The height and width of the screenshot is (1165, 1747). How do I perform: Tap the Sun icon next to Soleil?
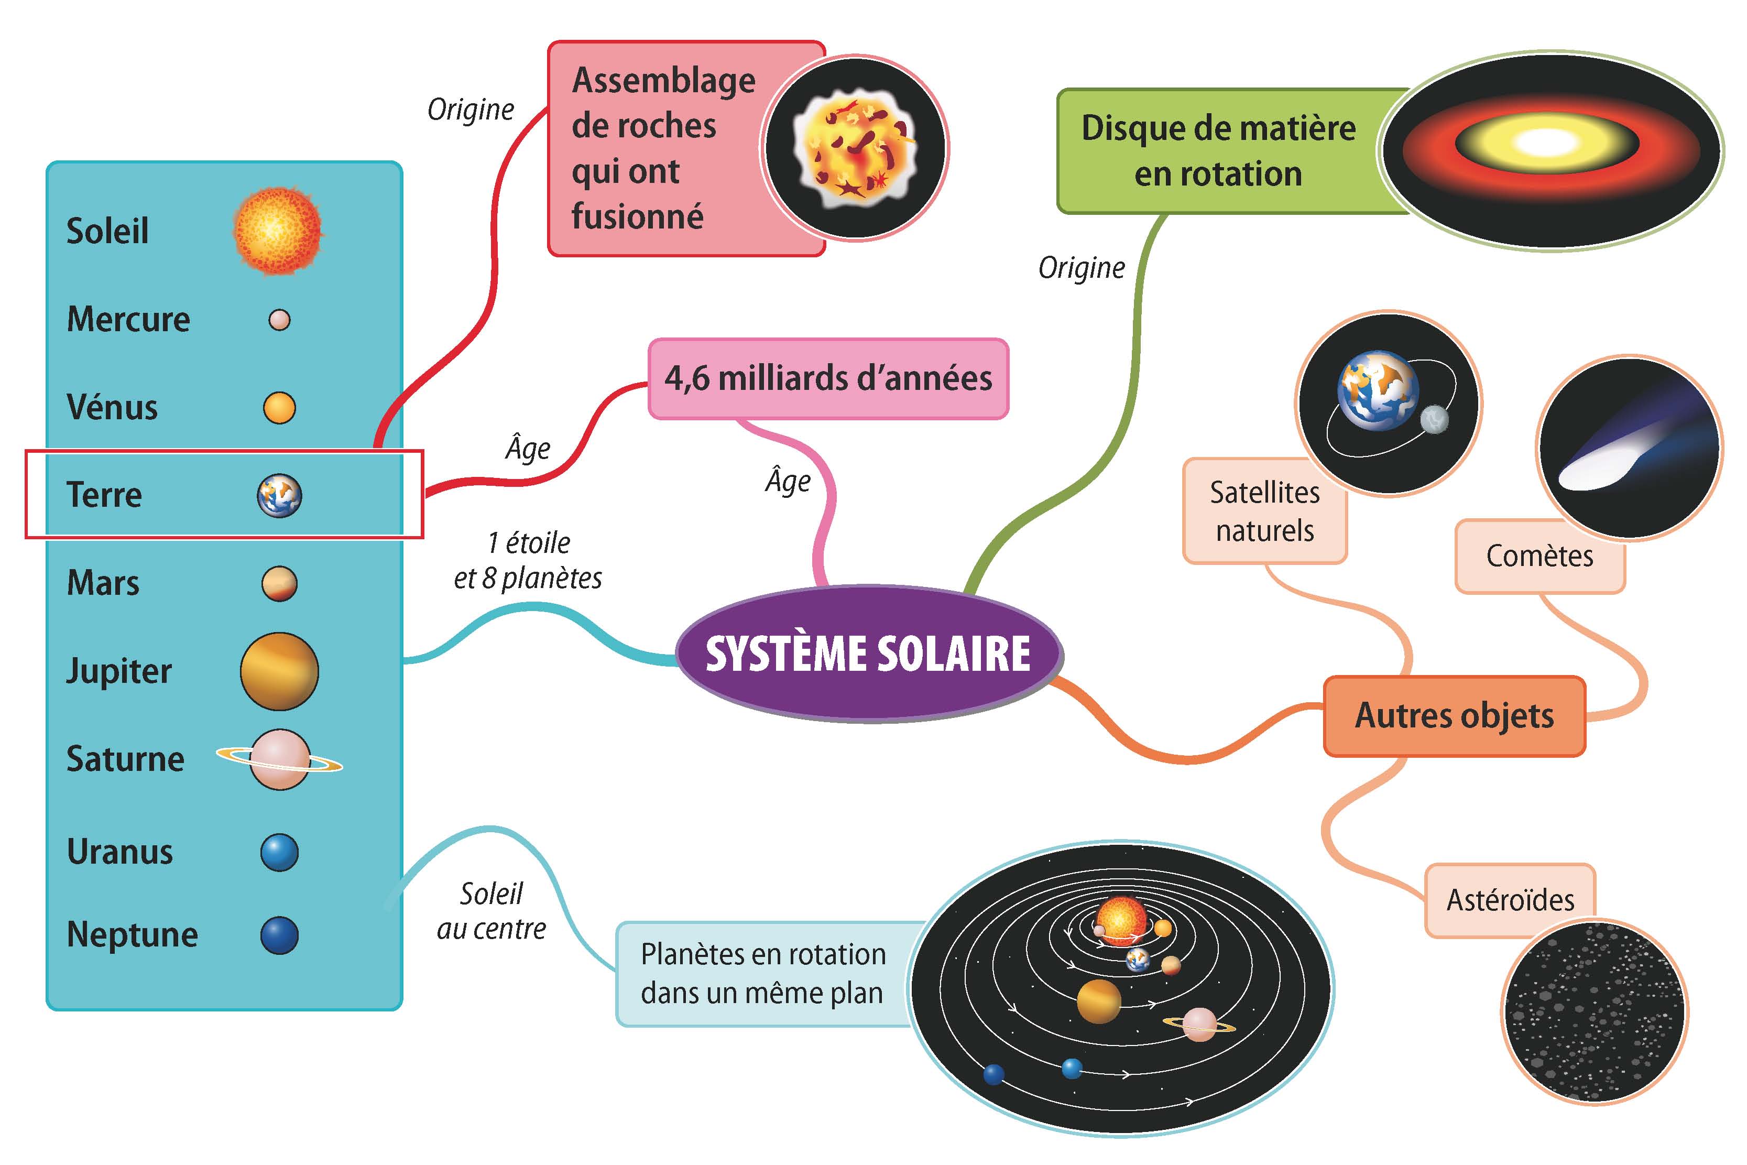(x=278, y=230)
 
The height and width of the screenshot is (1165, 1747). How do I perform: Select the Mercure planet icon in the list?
(x=279, y=320)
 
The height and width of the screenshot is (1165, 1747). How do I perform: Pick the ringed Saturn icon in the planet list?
(x=280, y=759)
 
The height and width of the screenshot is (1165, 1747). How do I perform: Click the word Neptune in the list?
(x=132, y=935)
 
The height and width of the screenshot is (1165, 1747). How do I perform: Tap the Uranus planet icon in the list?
(x=279, y=852)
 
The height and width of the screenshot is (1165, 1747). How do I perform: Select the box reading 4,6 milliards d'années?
(x=828, y=379)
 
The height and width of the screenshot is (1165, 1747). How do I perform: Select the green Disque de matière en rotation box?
(x=1218, y=151)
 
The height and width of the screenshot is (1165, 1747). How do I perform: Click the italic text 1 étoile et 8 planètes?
(x=528, y=561)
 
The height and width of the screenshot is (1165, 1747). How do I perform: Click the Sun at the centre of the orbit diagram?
(x=1121, y=918)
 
